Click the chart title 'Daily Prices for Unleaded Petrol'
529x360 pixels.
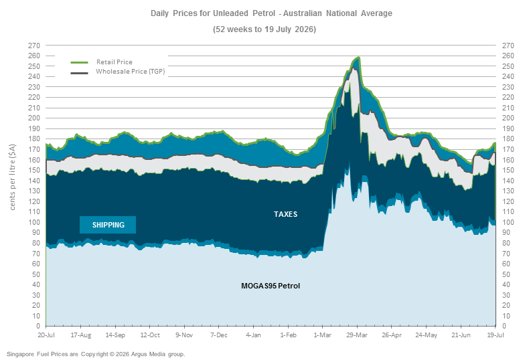tap(213, 13)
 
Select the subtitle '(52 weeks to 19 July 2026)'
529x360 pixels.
tap(264, 29)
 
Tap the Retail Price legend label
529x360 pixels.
tap(115, 62)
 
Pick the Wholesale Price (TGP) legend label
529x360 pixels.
tap(130, 72)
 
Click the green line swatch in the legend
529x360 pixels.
tap(79, 62)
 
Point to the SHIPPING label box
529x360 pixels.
tap(108, 225)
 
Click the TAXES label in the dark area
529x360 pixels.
tap(285, 214)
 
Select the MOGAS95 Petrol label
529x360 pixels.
tap(271, 286)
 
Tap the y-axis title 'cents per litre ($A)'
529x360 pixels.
tap(13, 177)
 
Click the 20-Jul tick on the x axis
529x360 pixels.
tap(46, 335)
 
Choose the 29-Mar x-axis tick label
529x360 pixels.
tap(357, 335)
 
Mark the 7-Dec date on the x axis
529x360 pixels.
tap(219, 335)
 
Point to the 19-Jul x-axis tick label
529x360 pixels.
tap(496, 335)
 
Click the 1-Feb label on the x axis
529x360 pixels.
tap(288, 335)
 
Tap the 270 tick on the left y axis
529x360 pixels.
tap(33, 46)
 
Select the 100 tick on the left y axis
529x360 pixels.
tap(33, 222)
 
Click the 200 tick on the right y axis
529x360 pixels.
tap(508, 118)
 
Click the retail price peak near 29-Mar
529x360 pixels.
tap(358, 58)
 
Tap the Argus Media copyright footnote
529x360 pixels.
tap(96, 354)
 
